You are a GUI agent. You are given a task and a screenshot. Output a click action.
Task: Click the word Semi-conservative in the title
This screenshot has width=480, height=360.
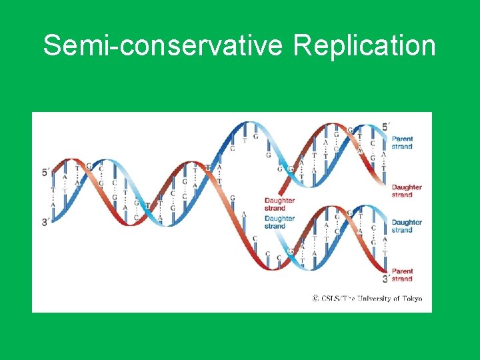164,47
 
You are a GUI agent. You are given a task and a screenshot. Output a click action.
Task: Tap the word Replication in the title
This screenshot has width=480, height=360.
364,47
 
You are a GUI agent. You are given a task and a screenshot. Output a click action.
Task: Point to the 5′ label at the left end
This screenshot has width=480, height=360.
45,172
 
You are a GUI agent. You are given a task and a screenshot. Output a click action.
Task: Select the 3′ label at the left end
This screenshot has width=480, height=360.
45,221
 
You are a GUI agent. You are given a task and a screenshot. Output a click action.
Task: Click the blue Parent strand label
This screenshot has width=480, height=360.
402,143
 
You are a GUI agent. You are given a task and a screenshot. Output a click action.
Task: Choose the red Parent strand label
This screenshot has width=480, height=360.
402,275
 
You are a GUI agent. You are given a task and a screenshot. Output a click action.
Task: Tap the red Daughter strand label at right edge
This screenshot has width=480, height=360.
406,191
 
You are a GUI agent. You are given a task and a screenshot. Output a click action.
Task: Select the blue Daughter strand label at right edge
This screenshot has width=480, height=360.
406,226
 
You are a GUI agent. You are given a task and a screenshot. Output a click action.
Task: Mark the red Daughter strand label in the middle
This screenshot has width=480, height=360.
279,204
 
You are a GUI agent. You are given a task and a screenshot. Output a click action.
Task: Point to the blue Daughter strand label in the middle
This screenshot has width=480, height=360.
279,222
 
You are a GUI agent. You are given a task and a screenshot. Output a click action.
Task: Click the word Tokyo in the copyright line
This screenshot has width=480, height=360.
411,298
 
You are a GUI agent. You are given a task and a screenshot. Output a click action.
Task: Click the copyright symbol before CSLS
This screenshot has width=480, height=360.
315,298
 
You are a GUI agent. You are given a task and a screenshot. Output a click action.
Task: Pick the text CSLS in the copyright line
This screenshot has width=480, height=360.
330,298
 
